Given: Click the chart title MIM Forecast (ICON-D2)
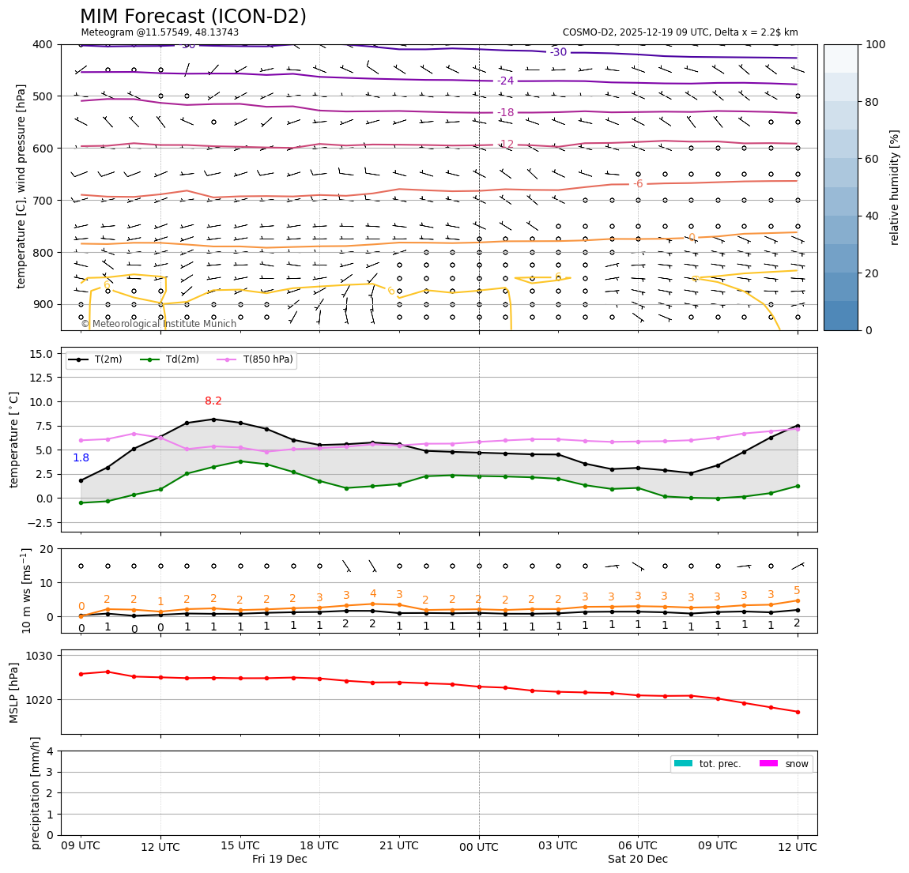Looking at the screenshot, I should point(193,17).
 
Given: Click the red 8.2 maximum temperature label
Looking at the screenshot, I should point(213,401).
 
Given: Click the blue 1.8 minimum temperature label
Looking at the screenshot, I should point(81,458).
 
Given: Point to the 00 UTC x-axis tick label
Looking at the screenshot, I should point(479,847).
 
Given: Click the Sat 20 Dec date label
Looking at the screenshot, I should point(638,860).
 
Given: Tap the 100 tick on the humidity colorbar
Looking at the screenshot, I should point(876,45).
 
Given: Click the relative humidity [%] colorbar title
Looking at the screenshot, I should point(896,187).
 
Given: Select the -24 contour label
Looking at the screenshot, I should point(505,81).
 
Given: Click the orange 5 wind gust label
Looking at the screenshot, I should point(797,591).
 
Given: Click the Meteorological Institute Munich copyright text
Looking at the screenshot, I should point(159,324).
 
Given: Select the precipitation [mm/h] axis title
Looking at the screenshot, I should point(36,792).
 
